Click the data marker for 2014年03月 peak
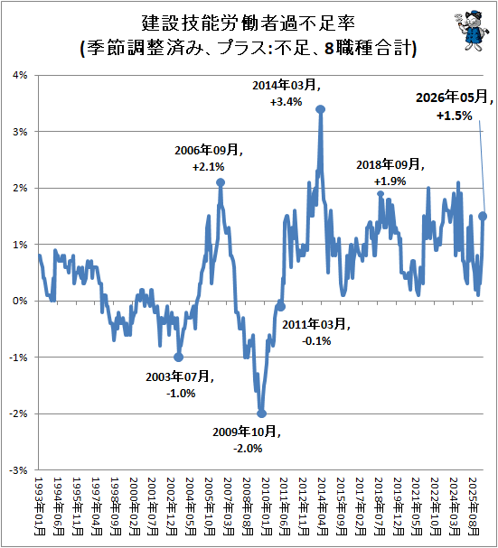pos(321,109)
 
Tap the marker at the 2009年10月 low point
pos(261,413)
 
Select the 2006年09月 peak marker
pos(221,182)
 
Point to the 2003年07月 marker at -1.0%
pos(178,358)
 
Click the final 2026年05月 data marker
pos(483,217)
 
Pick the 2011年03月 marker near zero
pos(281,307)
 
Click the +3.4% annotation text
pos(286,102)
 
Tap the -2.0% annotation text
pos(248,449)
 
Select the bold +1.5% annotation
pos(455,116)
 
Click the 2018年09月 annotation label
pos(390,164)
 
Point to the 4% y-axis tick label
pos(20,75)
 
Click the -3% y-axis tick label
pos(18,470)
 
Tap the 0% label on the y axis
pos(20,301)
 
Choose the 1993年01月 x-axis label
pos(40,506)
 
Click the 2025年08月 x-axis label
pos(474,506)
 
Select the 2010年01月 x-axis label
pos(266,506)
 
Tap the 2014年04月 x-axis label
pos(323,506)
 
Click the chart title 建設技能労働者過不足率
pos(249,23)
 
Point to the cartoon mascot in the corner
pos(471,30)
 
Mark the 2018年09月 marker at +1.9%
pos(381,194)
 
